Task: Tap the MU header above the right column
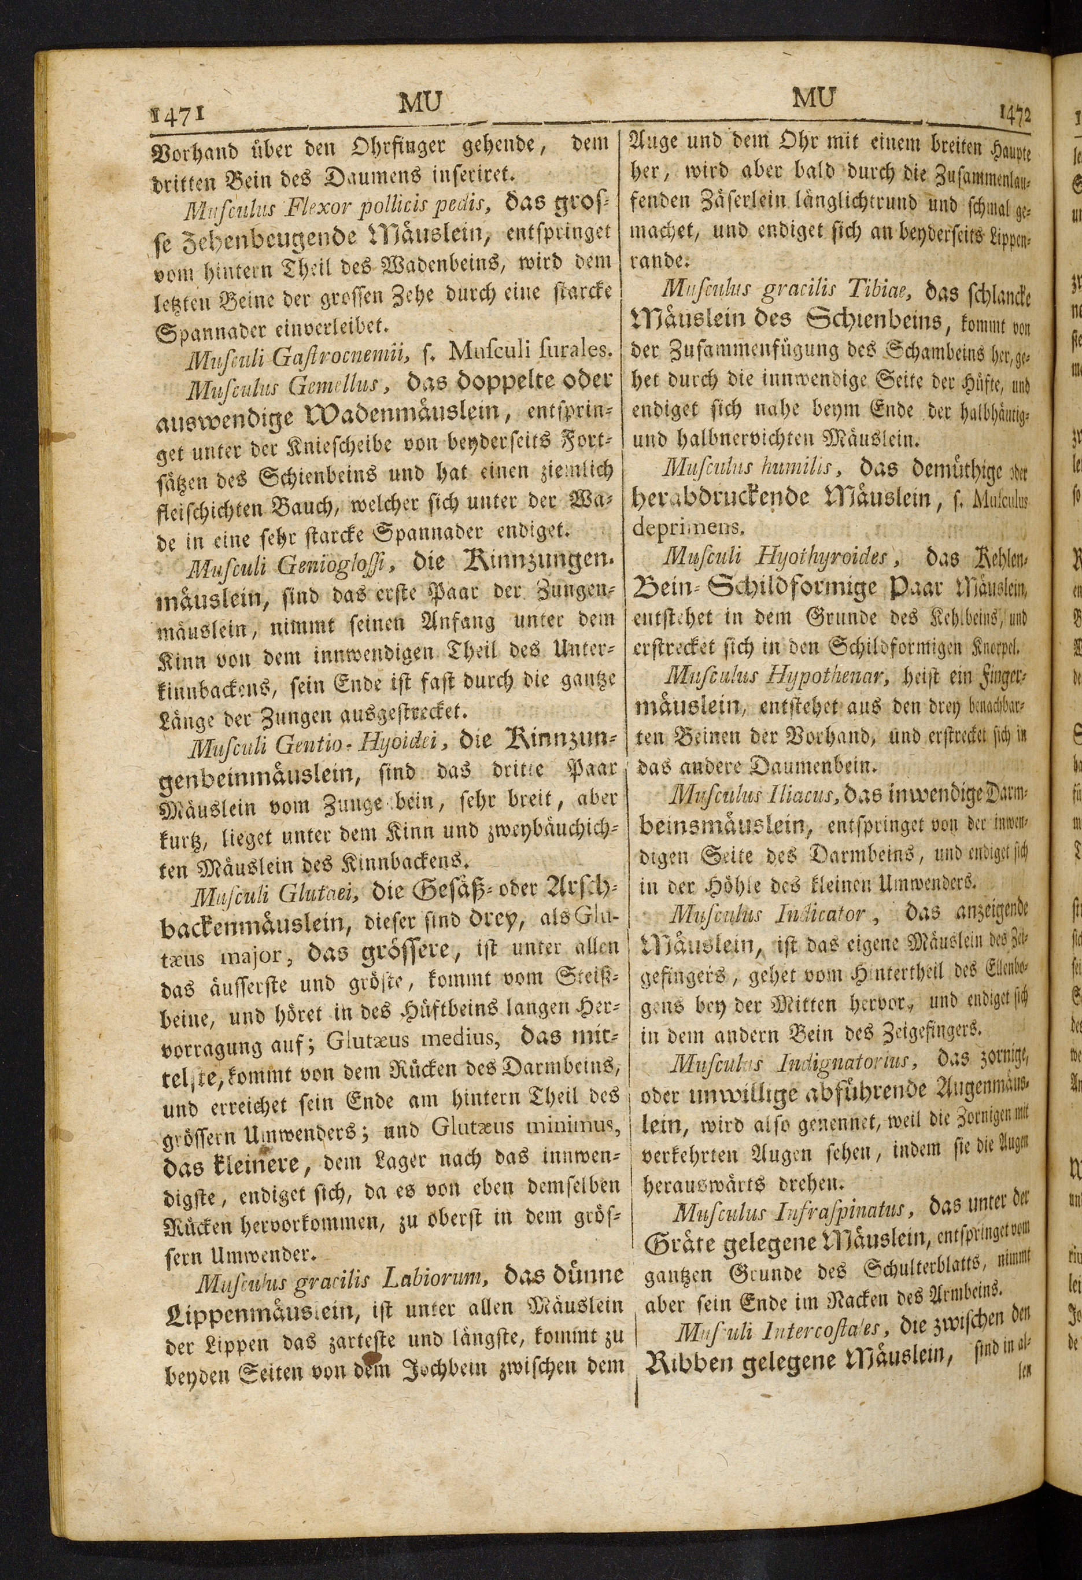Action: [814, 98]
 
